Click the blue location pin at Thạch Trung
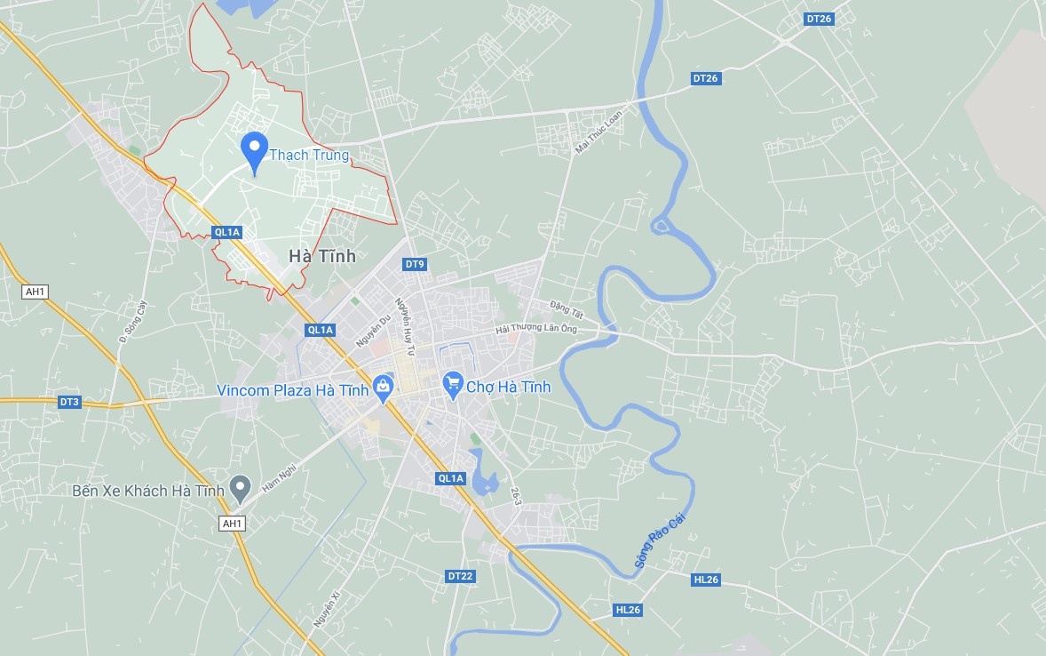pyautogui.click(x=255, y=150)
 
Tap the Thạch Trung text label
pyautogui.click(x=309, y=155)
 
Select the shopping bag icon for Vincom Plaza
pyautogui.click(x=383, y=387)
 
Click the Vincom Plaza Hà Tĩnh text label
pyautogui.click(x=293, y=390)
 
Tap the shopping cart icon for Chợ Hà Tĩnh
pyautogui.click(x=453, y=384)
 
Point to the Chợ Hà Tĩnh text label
pyautogui.click(x=509, y=387)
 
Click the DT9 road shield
pyautogui.click(x=415, y=264)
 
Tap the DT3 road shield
pyautogui.click(x=69, y=402)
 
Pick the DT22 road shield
pyautogui.click(x=460, y=576)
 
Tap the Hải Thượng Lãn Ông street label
pyautogui.click(x=536, y=329)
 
